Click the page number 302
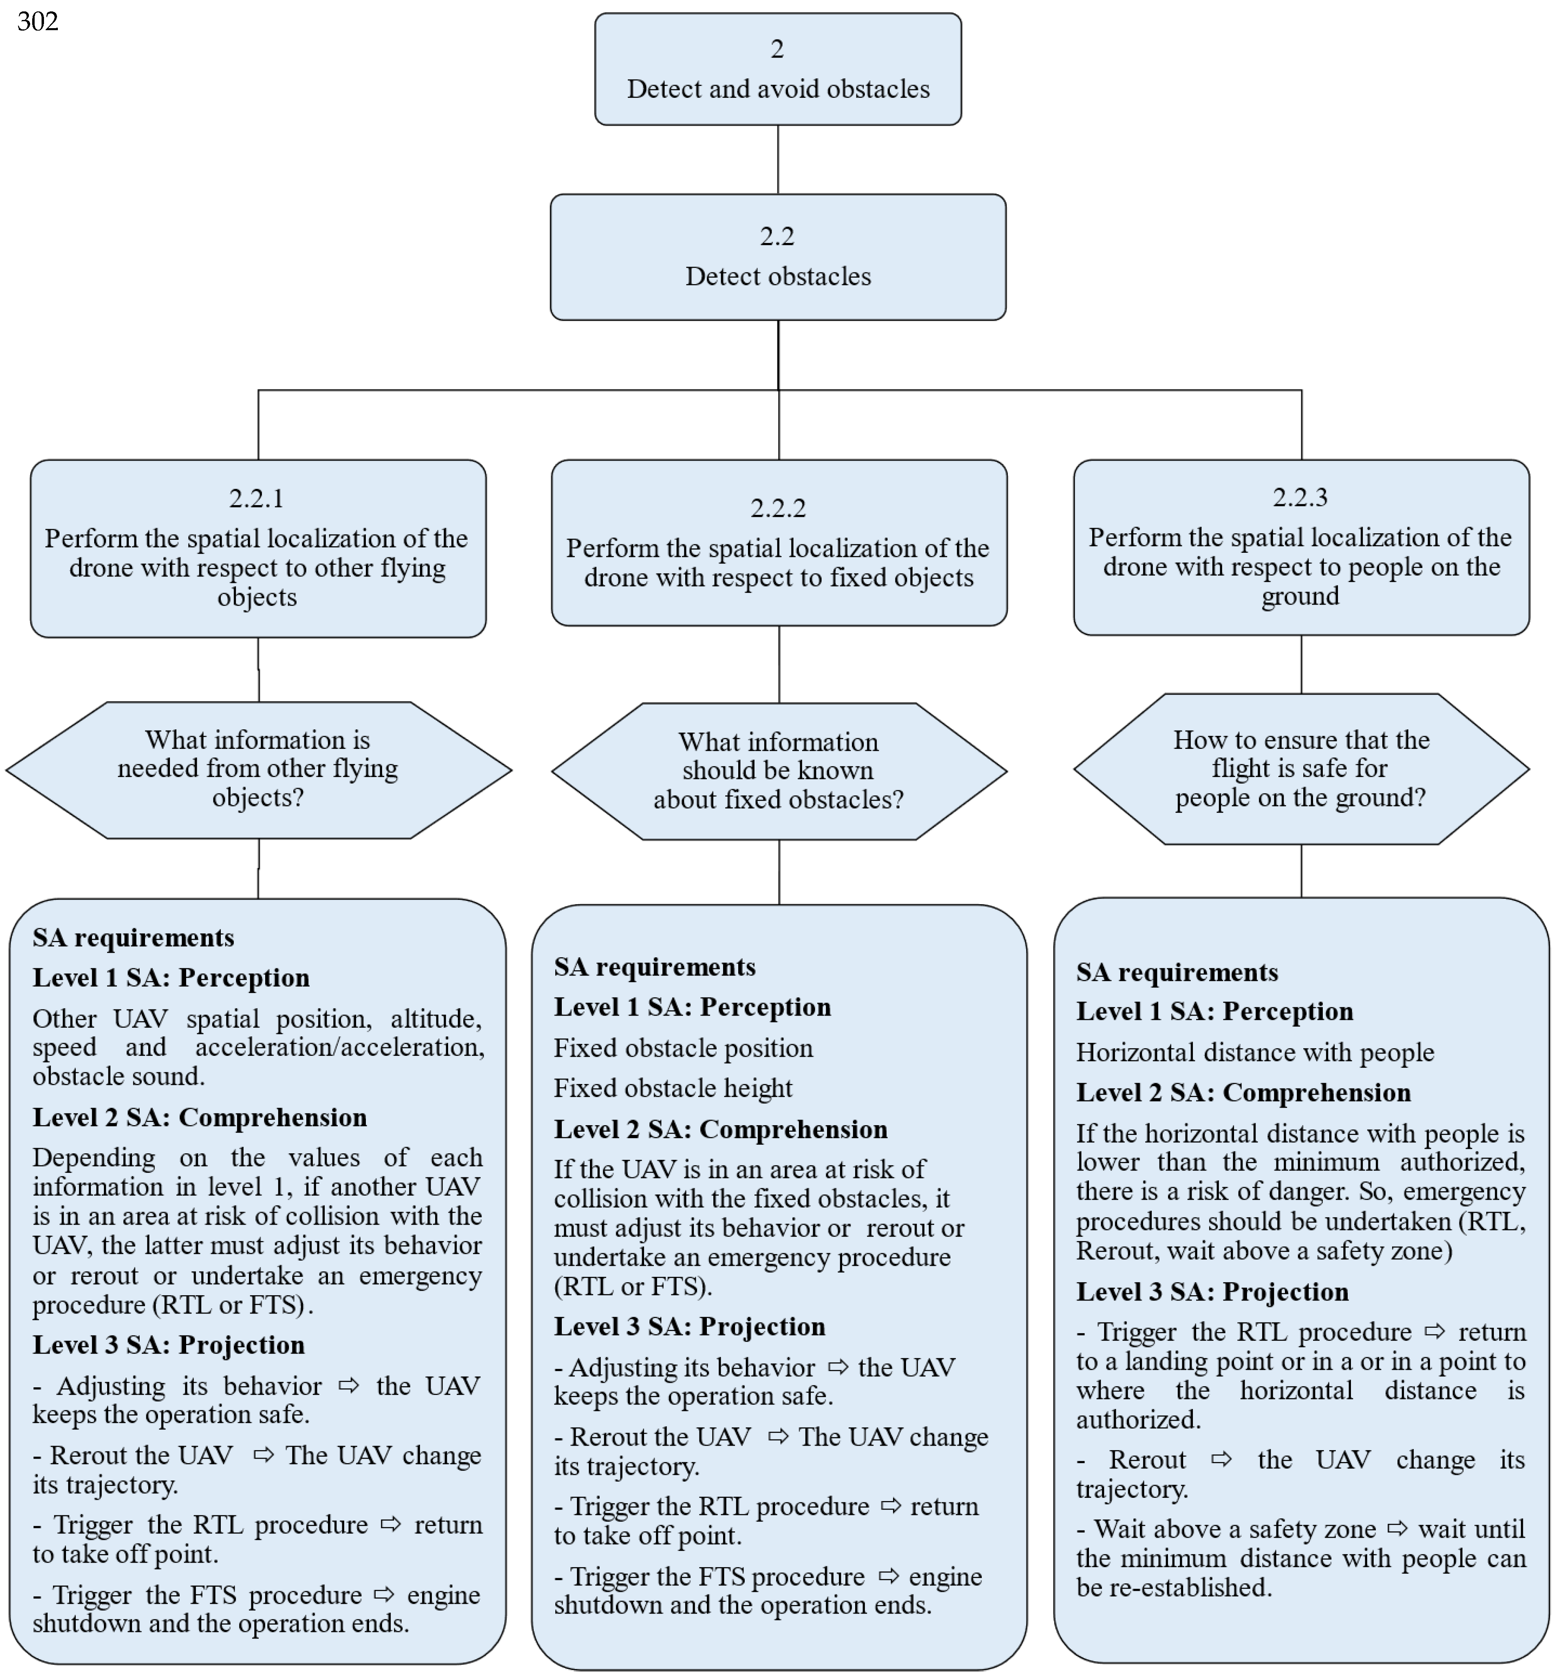38,21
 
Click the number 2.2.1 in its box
256,499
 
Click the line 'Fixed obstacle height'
672,1088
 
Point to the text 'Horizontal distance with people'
1254,1053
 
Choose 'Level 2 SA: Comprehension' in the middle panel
720,1129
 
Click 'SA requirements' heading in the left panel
133,938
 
